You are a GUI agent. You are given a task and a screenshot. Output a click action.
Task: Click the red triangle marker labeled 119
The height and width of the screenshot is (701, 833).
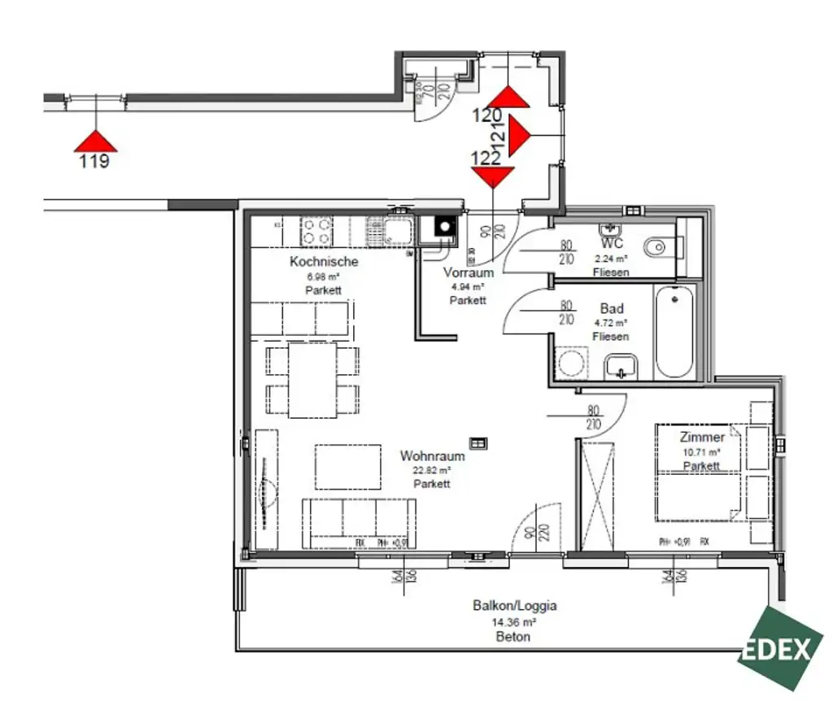pyautogui.click(x=96, y=142)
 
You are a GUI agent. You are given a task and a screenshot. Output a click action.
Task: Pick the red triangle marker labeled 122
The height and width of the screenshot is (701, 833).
pyautogui.click(x=493, y=176)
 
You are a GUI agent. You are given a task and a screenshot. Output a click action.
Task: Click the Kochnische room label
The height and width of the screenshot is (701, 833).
pyautogui.click(x=324, y=262)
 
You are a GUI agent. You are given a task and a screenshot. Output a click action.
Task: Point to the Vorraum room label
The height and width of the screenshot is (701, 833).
pyautogui.click(x=468, y=273)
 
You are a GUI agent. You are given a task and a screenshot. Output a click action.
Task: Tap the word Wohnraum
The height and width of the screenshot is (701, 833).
pyautogui.click(x=432, y=456)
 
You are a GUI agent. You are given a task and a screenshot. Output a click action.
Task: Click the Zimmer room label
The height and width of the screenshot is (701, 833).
pyautogui.click(x=701, y=438)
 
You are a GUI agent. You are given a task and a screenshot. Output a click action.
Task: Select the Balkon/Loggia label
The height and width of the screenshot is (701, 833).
pyautogui.click(x=514, y=606)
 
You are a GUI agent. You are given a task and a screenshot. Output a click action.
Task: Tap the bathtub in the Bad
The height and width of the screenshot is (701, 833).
pyautogui.click(x=674, y=333)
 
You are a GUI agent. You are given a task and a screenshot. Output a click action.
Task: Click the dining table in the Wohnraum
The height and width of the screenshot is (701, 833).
pyautogui.click(x=312, y=380)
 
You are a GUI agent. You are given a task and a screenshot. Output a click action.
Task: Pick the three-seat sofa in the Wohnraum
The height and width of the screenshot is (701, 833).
pyautogui.click(x=359, y=517)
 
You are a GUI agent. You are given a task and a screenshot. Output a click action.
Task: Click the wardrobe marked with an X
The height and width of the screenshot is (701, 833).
pyautogui.click(x=599, y=494)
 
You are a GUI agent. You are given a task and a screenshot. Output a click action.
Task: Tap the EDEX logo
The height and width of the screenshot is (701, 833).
pyautogui.click(x=779, y=648)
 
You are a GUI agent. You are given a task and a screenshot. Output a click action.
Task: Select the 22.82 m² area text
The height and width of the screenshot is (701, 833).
pyautogui.click(x=432, y=470)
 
